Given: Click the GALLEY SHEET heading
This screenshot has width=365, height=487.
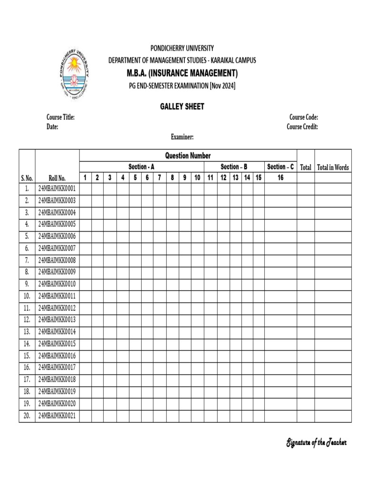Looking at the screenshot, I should tap(182, 107).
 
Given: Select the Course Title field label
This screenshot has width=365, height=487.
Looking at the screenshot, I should tap(60, 117).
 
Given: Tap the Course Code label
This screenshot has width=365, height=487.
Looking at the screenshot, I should tap(303, 117).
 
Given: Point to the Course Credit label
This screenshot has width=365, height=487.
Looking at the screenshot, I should tap(302, 127).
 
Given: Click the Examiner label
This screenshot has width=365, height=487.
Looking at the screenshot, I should tap(182, 137).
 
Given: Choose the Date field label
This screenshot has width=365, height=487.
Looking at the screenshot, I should tap(52, 127).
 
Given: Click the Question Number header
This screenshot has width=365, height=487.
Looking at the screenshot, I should tap(188, 156).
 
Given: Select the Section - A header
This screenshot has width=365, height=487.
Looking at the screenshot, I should tap(141, 166).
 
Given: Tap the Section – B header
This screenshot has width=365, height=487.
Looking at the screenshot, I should tap(234, 166).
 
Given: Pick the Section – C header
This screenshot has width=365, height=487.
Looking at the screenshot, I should tap(280, 166).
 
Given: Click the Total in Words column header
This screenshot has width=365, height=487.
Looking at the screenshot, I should tap(333, 167).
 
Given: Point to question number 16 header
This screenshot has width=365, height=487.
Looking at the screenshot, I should tap(280, 177).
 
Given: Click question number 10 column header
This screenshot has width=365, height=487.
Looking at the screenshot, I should tap(197, 177).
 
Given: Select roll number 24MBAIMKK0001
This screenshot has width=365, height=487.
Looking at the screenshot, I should tap(57, 189).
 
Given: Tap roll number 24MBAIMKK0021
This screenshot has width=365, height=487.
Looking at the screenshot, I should tap(57, 416).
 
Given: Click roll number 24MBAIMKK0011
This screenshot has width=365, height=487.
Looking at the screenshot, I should tap(57, 296).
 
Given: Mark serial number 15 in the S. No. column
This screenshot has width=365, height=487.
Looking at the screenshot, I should tap(27, 356).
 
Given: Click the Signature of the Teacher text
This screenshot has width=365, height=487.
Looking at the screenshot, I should tap(316, 443).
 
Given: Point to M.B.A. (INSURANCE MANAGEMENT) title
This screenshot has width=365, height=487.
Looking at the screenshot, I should tap(182, 73).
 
